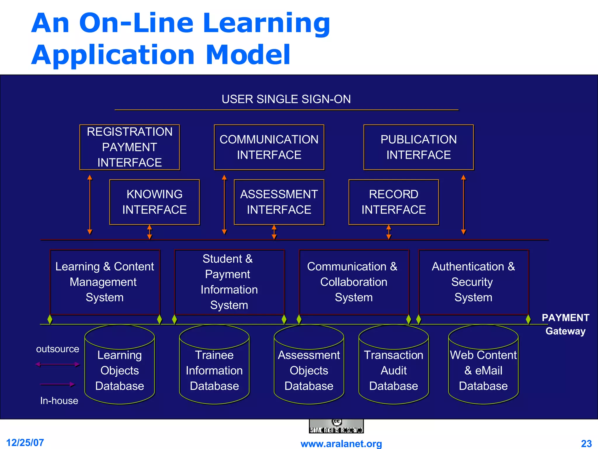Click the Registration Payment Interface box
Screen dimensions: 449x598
(x=130, y=147)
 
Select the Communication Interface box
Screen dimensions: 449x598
(x=269, y=147)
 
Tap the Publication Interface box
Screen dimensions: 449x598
(x=418, y=147)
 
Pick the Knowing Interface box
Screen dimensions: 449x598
(x=154, y=202)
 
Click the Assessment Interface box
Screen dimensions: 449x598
(x=279, y=202)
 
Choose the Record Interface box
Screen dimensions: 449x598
(x=394, y=202)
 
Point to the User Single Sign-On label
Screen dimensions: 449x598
(x=286, y=99)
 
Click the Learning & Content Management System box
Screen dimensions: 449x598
(x=105, y=282)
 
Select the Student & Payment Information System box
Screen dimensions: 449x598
(x=229, y=282)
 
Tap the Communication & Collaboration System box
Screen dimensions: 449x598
(x=354, y=282)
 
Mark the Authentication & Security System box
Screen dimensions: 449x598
(x=473, y=282)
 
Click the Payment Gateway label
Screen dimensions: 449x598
(x=566, y=324)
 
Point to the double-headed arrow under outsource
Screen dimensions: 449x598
(x=58, y=364)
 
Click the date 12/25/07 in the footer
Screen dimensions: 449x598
(x=25, y=443)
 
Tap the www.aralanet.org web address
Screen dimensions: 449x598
(x=341, y=444)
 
